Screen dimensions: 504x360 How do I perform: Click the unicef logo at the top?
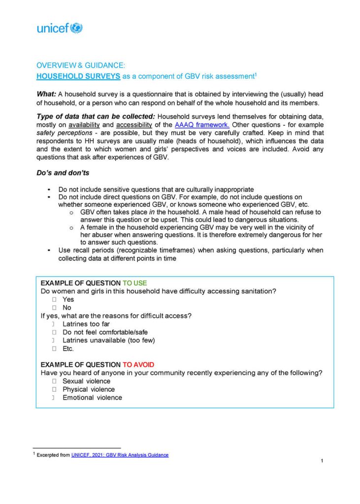tap(60, 28)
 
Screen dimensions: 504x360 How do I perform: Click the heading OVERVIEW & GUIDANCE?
tap(81, 65)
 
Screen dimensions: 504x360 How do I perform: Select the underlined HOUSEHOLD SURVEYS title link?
tap(78, 76)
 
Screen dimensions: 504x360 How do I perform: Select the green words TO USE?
tap(134, 283)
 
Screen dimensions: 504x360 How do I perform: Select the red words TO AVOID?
tap(138, 365)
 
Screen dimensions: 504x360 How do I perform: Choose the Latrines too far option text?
tap(86, 324)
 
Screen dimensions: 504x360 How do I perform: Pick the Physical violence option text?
tap(89, 389)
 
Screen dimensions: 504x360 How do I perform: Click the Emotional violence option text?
tap(92, 397)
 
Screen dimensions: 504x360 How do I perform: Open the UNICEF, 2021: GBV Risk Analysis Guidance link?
tap(120, 455)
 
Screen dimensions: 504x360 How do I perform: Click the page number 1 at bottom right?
tap(322, 461)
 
